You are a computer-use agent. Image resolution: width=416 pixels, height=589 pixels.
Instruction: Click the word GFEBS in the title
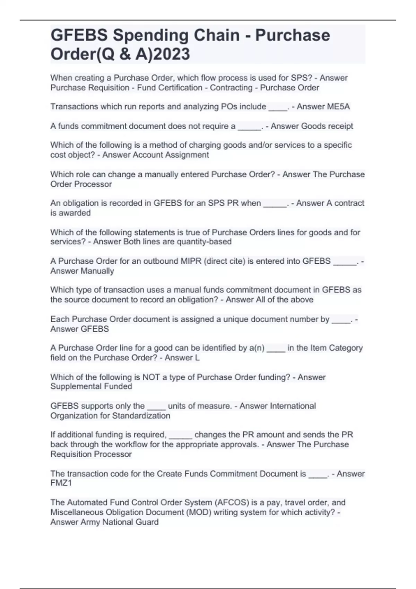click(x=79, y=35)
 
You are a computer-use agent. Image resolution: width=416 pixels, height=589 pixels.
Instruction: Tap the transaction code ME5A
click(x=338, y=107)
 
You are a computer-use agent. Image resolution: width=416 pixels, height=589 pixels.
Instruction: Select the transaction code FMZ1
click(x=61, y=483)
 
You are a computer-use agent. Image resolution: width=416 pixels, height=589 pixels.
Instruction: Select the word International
click(x=293, y=406)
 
